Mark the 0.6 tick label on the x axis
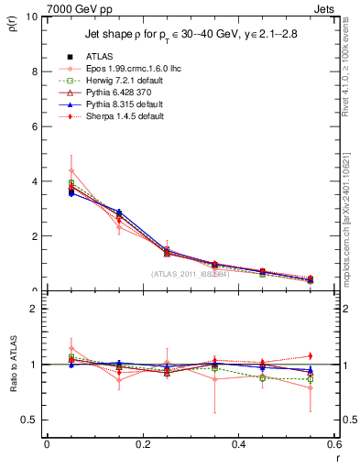pos(334,443)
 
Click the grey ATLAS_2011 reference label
pos(191,274)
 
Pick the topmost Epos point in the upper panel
pos(71,170)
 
